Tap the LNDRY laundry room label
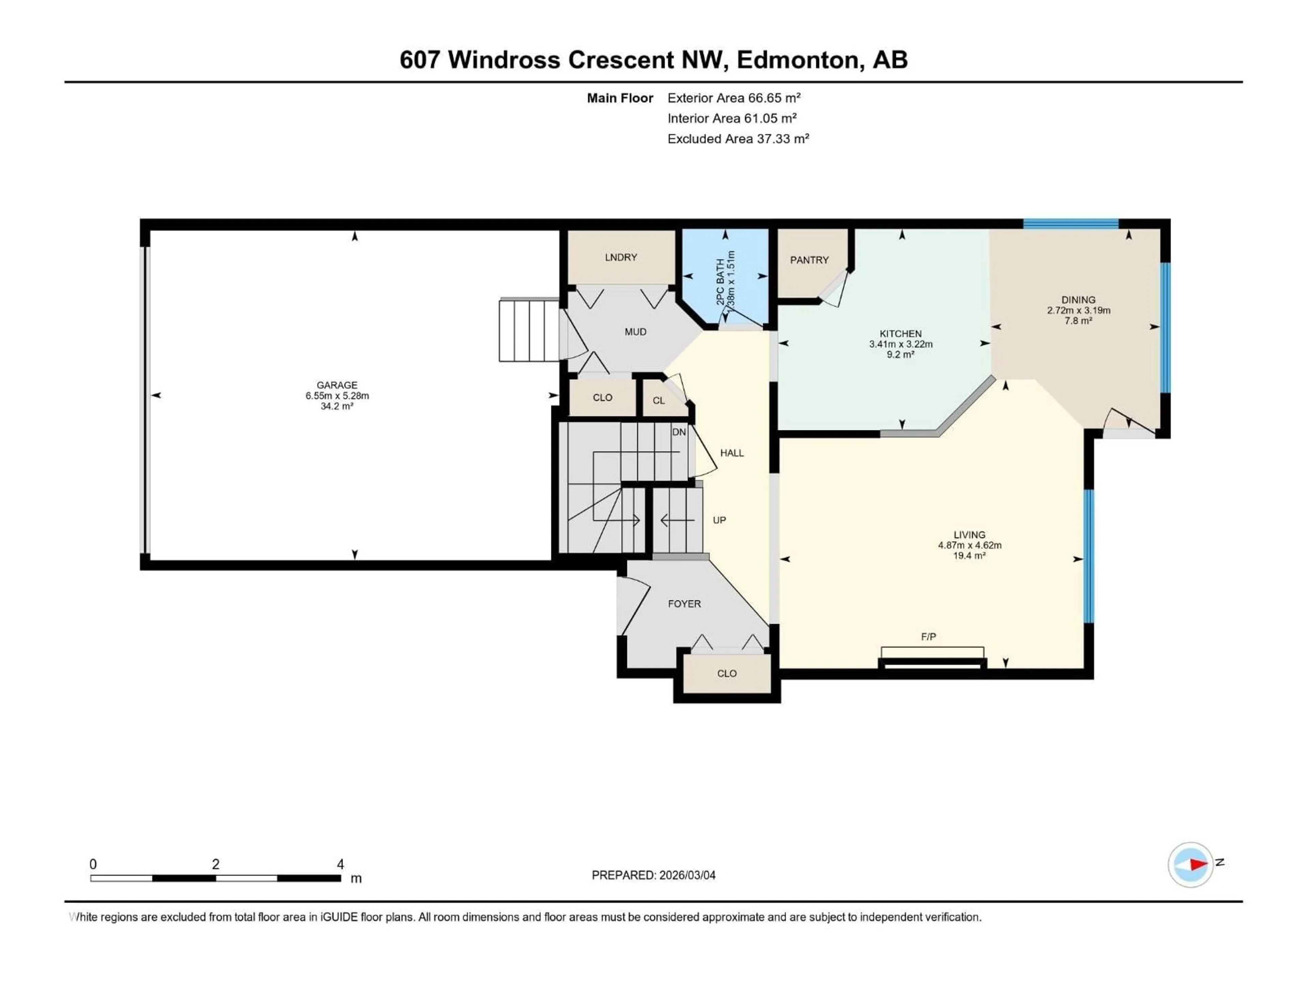(x=621, y=257)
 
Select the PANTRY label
(x=809, y=260)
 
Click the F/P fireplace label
(x=928, y=637)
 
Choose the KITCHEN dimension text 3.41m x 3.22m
(x=901, y=344)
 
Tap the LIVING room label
(x=969, y=534)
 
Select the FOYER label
(x=684, y=604)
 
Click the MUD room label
(x=636, y=332)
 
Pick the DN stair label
(x=679, y=432)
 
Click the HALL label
(x=731, y=453)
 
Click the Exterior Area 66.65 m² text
(x=733, y=98)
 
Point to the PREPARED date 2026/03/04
(x=686, y=875)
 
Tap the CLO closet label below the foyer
(x=727, y=673)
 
